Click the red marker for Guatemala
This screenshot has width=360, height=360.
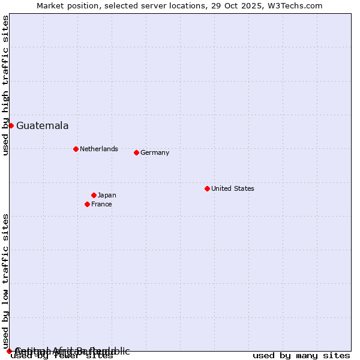pos(11,125)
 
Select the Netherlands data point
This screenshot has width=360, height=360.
pos(76,149)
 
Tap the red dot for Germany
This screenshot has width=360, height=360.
pos(136,152)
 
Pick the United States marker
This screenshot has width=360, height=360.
pos(207,188)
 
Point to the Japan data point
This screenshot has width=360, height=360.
pos(94,195)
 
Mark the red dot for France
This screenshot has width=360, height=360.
pos(87,204)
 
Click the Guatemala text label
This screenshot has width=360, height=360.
pos(42,125)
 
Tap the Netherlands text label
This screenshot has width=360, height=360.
pos(98,149)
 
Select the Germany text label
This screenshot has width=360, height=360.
pos(155,152)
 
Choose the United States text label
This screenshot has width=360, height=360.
pos(232,188)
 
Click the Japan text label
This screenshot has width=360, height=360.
pos(107,195)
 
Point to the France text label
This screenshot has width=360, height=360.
pos(101,204)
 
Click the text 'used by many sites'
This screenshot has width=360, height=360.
pos(301,355)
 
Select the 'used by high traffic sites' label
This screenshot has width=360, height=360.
pos(5,85)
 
